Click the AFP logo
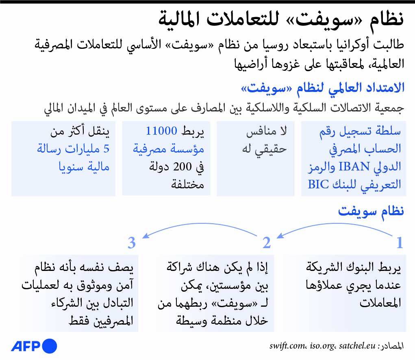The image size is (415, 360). (x=34, y=346)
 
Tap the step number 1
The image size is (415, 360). (x=400, y=243)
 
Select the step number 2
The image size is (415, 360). (x=267, y=243)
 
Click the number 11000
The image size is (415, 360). (x=162, y=131)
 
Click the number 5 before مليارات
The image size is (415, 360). (x=106, y=149)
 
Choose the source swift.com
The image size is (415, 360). (x=287, y=346)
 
